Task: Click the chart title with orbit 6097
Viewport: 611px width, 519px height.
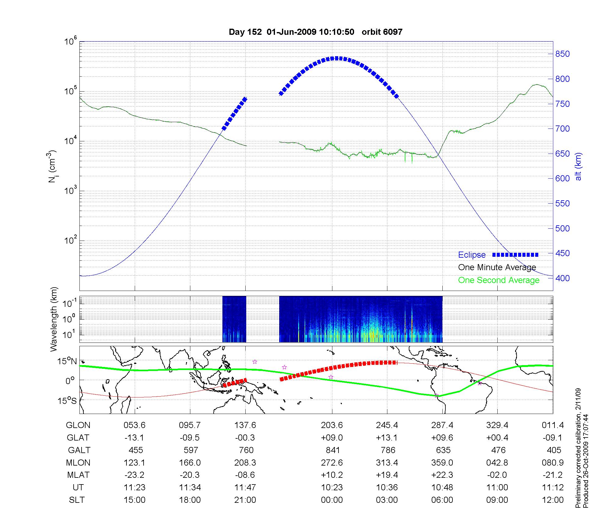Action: [316, 32]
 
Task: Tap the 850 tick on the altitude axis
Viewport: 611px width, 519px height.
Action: [562, 54]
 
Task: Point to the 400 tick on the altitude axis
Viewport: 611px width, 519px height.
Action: [562, 278]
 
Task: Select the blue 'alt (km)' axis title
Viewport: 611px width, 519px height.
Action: [578, 166]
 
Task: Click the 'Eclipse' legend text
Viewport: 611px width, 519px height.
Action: [472, 255]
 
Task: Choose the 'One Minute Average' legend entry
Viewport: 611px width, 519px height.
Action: [497, 267]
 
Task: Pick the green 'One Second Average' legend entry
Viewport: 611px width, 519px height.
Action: [499, 280]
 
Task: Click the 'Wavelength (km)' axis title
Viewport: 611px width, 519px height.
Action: [53, 319]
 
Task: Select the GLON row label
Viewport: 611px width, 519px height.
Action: [78, 425]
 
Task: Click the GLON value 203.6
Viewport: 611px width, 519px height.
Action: [332, 425]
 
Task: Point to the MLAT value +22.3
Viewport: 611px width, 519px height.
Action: [442, 475]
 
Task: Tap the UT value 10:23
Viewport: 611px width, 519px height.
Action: [332, 488]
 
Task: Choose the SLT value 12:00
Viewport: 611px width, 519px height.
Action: [553, 500]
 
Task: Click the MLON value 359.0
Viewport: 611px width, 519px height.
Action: [442, 463]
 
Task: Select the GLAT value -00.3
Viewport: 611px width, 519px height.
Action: [245, 438]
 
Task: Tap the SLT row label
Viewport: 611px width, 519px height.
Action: [77, 500]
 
